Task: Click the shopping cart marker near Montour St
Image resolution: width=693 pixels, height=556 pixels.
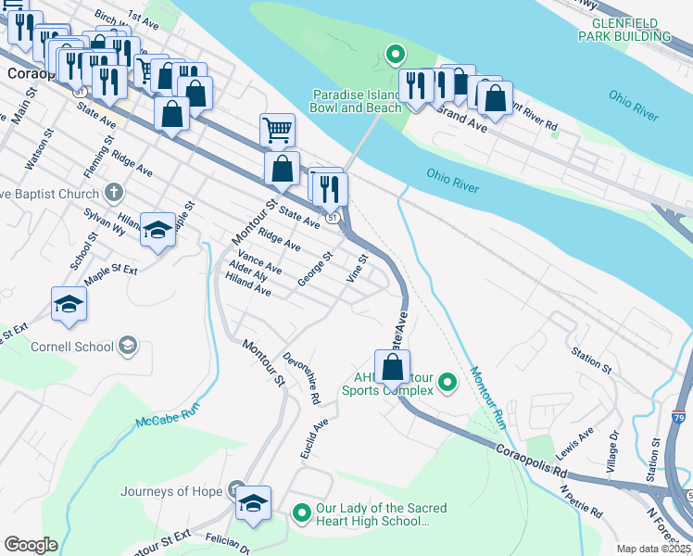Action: pos(277,132)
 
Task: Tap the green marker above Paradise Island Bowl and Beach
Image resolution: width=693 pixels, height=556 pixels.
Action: pos(394,55)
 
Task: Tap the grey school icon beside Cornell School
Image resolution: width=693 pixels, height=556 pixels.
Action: pos(127,347)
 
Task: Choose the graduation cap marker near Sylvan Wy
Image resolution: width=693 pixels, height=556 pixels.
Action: pos(158,230)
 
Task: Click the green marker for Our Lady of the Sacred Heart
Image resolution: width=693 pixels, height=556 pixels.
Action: pos(301,512)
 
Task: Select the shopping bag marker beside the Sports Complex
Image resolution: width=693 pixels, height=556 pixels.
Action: pos(393,367)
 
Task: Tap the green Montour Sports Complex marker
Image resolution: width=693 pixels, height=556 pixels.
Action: pos(447,382)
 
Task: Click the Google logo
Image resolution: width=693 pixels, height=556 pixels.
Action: pos(31,545)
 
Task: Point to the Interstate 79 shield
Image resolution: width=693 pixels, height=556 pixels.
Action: pos(679,419)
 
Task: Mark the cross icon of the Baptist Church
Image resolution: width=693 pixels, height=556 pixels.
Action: pos(113,194)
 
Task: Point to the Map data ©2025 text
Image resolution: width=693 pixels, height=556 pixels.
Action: pos(653,549)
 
